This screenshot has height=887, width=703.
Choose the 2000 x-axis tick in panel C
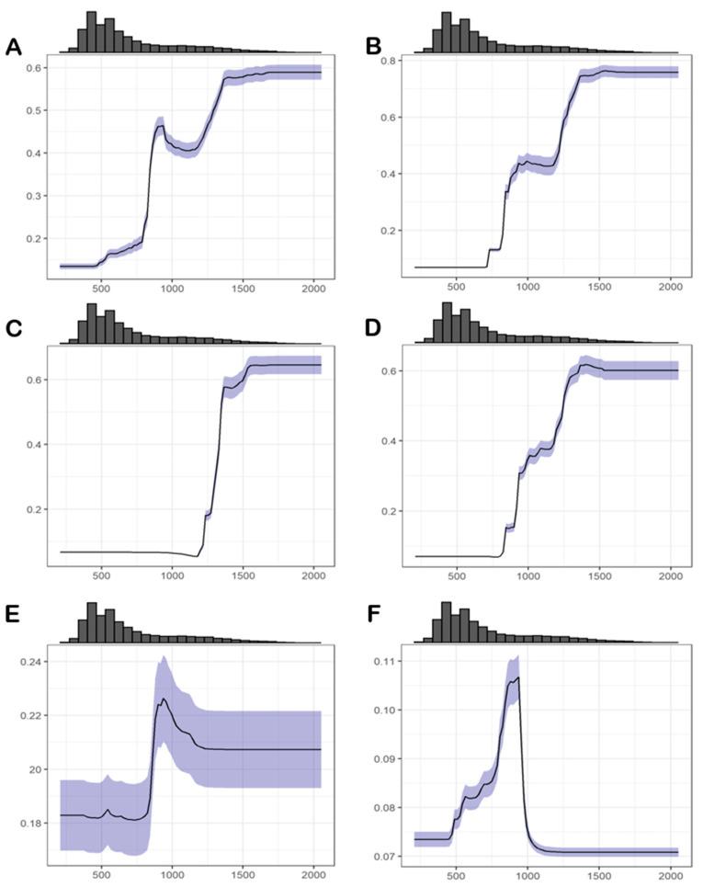click(x=312, y=576)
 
